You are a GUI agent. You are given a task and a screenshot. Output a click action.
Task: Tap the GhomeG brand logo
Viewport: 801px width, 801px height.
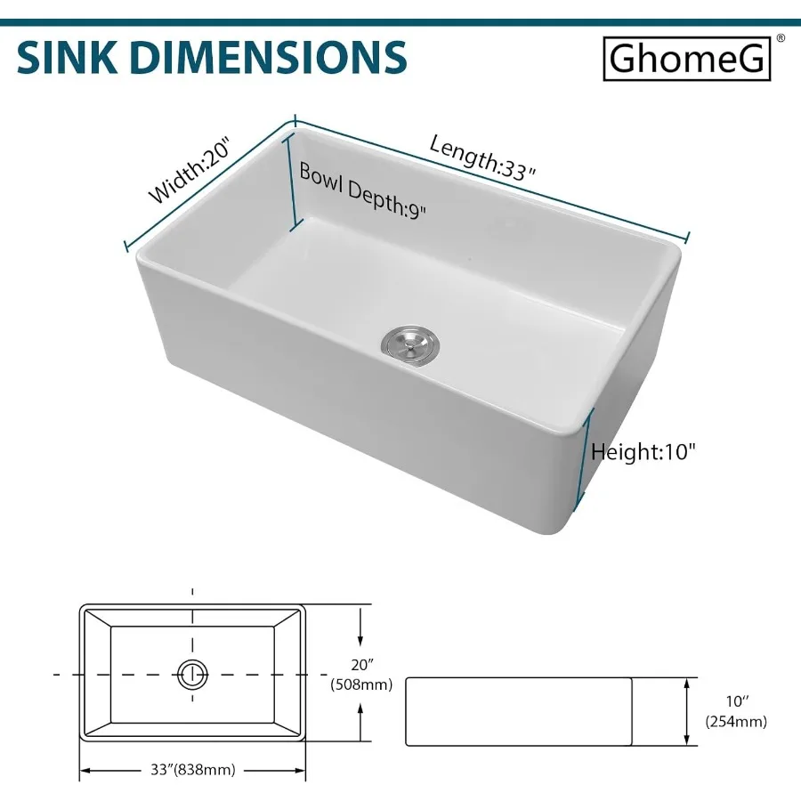(686, 60)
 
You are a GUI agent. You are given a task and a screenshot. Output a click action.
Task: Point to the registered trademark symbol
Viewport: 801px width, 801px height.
(781, 38)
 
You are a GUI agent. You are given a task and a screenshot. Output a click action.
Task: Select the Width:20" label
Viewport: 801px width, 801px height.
(189, 170)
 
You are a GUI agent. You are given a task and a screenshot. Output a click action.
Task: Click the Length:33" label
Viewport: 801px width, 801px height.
(483, 158)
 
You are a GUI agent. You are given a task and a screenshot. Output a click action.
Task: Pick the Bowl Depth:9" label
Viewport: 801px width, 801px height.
(362, 190)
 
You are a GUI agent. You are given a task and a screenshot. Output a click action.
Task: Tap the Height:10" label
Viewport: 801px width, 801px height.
(643, 451)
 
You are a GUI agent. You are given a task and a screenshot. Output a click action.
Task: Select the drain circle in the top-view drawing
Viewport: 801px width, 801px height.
(192, 675)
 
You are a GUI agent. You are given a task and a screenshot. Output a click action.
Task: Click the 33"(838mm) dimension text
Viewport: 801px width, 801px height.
(192, 770)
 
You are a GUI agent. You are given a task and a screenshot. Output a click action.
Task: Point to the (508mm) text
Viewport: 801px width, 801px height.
(361, 684)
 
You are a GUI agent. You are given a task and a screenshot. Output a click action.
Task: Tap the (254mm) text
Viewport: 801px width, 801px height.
(735, 722)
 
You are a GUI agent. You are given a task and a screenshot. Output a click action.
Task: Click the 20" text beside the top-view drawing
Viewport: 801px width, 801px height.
(360, 664)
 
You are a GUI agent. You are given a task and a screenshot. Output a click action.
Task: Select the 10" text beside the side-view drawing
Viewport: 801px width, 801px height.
(735, 702)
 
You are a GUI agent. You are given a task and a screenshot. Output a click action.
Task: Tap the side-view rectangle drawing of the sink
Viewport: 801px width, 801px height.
(519, 710)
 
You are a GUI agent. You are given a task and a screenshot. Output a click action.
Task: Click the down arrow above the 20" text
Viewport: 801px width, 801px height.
(360, 633)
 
